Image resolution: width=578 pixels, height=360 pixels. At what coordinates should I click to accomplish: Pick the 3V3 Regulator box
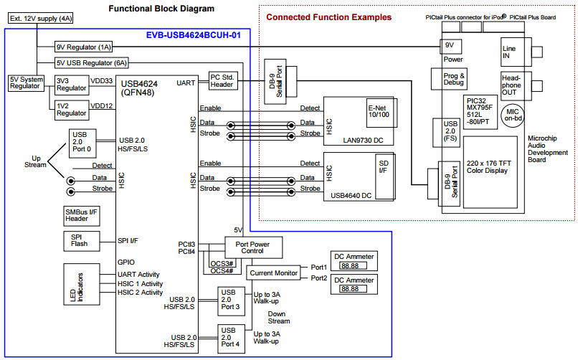tap(71, 85)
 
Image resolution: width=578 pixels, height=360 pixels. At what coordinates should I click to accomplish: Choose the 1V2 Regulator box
tap(71, 108)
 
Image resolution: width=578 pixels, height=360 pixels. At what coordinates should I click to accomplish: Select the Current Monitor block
tap(273, 273)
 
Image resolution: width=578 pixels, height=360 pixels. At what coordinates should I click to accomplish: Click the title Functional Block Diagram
tap(161, 8)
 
